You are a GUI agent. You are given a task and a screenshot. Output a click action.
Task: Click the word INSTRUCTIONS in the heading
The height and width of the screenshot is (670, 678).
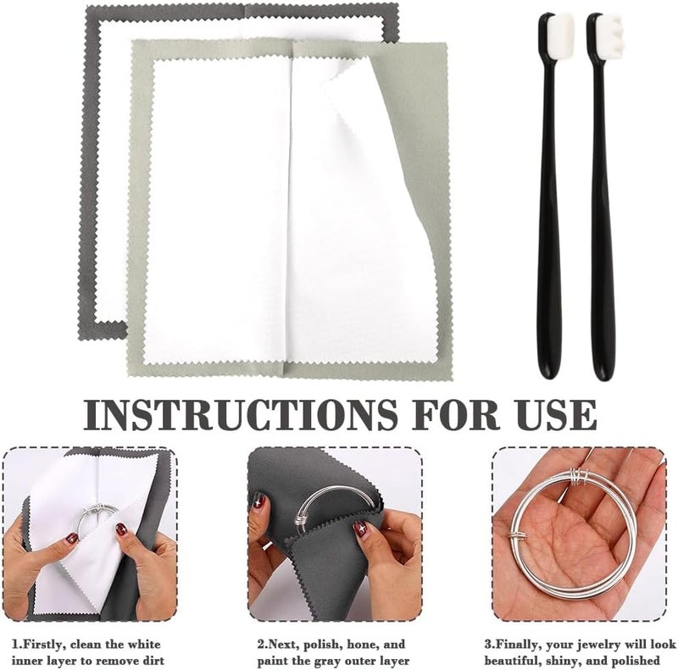241,414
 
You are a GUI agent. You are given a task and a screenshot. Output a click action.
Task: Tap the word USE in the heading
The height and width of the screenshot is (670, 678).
557,414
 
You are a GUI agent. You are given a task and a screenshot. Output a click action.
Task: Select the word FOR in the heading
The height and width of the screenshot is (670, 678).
456,414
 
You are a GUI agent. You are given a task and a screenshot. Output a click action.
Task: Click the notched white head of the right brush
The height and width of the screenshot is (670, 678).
609,31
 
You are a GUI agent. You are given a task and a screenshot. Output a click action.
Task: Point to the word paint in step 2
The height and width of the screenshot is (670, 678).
273,662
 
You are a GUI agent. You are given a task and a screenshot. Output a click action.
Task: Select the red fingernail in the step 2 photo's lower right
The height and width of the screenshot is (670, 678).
359,529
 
